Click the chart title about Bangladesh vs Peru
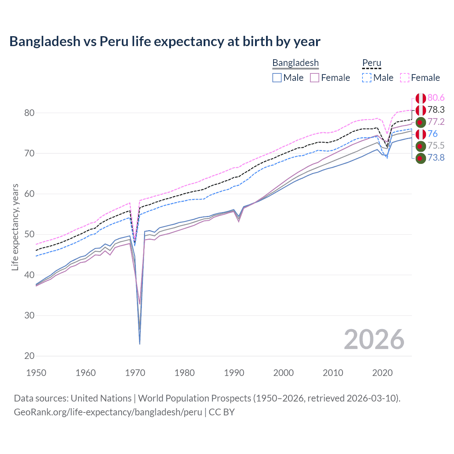coord(165,41)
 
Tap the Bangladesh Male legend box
coord(277,78)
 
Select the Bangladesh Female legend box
coord(315,78)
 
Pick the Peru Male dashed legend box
coord(367,78)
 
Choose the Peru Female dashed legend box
coord(405,78)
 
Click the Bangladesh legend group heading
coord(295,63)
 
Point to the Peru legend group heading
coord(371,63)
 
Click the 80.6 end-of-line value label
coord(436,98)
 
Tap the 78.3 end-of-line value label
coord(436,110)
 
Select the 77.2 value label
coord(436,122)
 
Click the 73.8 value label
coord(436,158)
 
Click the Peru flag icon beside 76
coord(421,134)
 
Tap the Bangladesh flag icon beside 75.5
coord(421,146)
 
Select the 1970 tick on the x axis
coord(135,373)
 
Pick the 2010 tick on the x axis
coord(333,373)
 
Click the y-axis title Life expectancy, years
coord(15,227)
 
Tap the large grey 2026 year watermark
coord(374,339)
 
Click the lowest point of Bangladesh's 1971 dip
coord(140,344)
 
